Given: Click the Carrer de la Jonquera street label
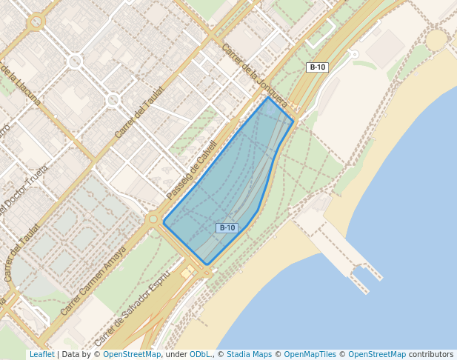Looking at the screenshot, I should (x=254, y=75).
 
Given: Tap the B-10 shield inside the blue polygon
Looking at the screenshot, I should (x=227, y=228).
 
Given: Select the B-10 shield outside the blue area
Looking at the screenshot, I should (x=317, y=67).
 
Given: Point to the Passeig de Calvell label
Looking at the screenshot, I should (x=192, y=170).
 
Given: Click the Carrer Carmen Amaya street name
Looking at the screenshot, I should (x=93, y=281).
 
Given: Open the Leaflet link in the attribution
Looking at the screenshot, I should (x=41, y=354).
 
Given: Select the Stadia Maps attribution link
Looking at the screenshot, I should (x=249, y=354).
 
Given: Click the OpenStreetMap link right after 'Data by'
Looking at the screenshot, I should (x=132, y=354).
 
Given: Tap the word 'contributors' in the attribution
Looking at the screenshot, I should (x=431, y=354).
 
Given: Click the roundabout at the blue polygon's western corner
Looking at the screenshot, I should (x=153, y=219).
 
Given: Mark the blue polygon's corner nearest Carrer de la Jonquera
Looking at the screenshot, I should (x=268, y=97).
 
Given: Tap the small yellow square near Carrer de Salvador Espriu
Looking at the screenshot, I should (x=185, y=272).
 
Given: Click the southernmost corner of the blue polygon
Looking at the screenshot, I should (x=207, y=264).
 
